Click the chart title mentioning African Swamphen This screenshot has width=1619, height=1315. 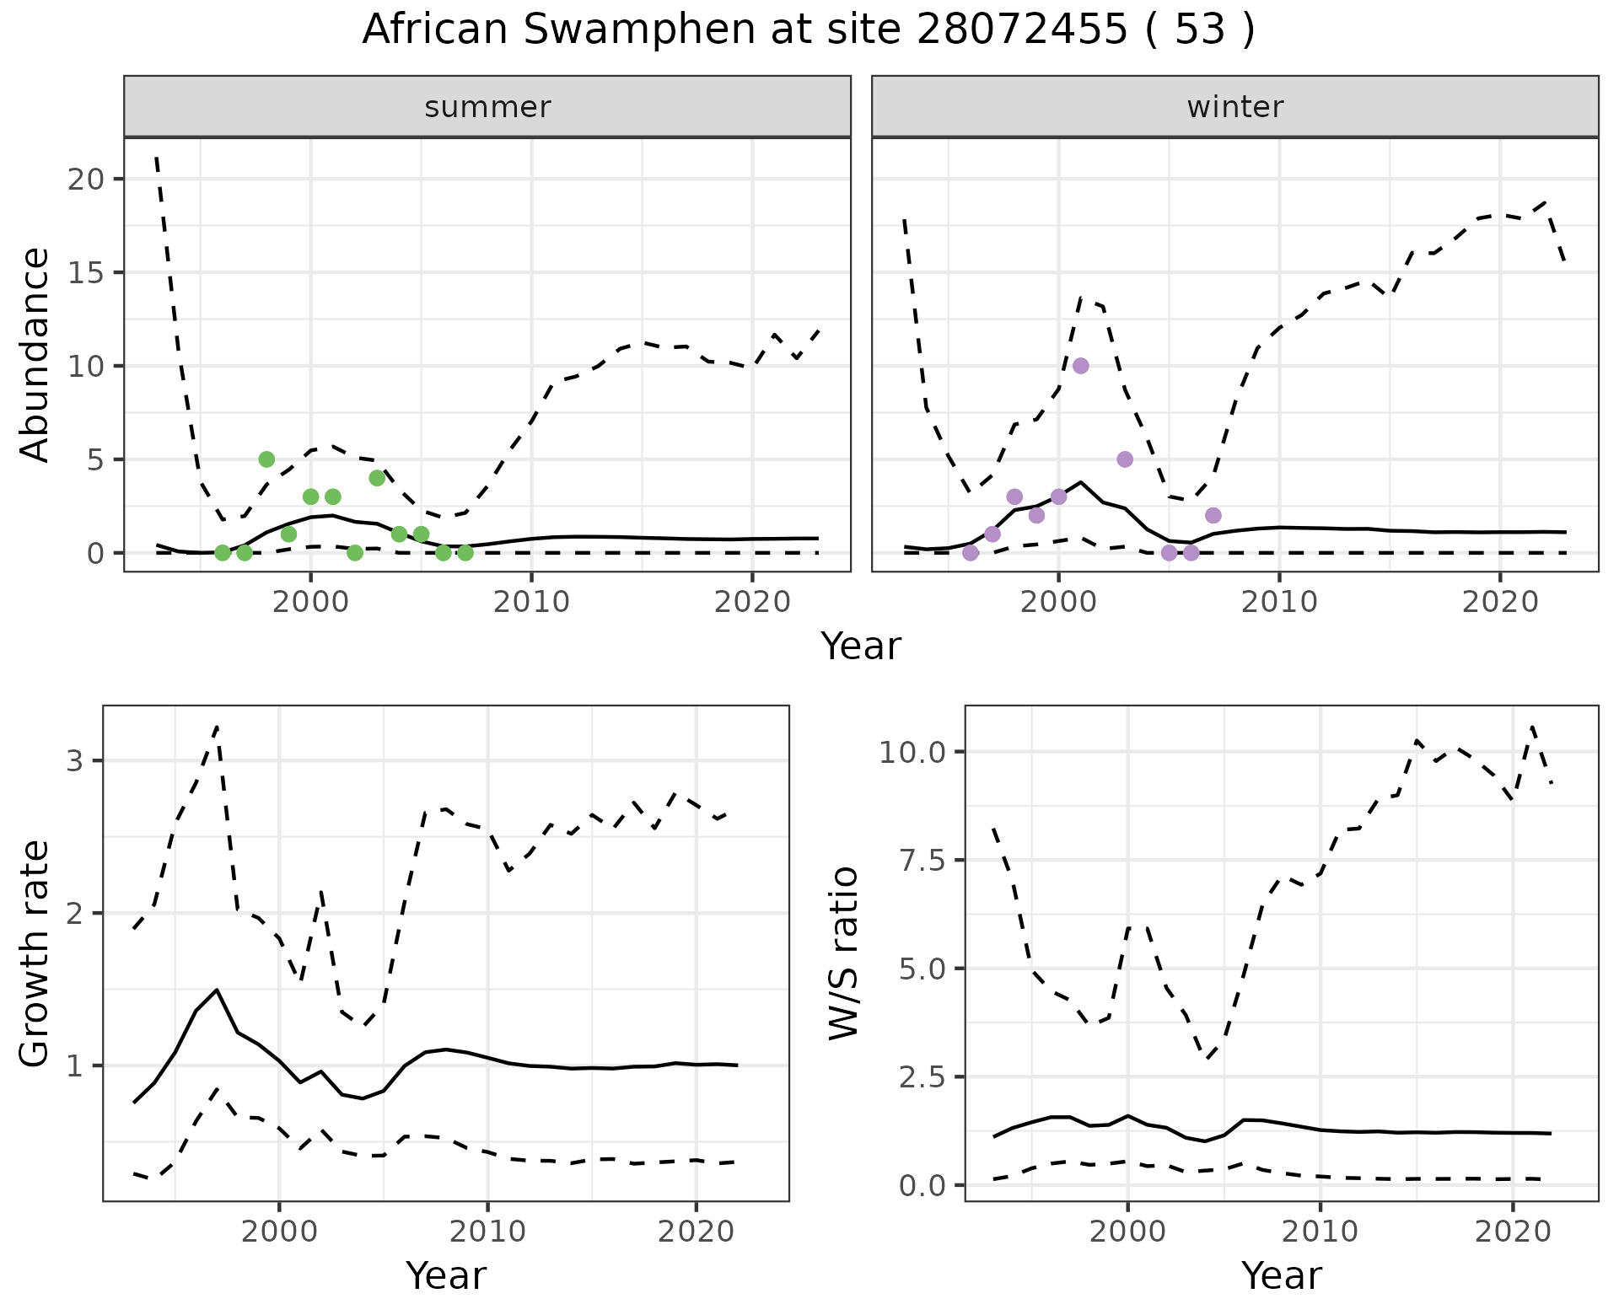pyautogui.click(x=808, y=30)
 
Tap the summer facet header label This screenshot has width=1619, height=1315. pyautogui.click(x=487, y=107)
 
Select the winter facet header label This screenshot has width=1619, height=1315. pyautogui.click(x=1234, y=107)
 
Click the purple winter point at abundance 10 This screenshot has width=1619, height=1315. pyautogui.click(x=1081, y=366)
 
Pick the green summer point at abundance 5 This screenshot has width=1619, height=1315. pyautogui.click(x=266, y=459)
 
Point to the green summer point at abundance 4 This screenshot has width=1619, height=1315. pyautogui.click(x=377, y=478)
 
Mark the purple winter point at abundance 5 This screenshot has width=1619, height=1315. pyautogui.click(x=1125, y=459)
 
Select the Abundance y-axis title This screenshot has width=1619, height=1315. pyautogui.click(x=35, y=354)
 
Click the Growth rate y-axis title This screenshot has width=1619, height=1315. pyautogui.click(x=35, y=953)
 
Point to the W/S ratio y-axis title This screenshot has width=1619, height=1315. pyautogui.click(x=843, y=953)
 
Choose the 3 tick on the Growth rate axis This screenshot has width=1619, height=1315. pyautogui.click(x=74, y=761)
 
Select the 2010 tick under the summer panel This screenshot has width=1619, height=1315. pyautogui.click(x=531, y=602)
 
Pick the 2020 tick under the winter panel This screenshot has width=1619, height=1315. pyautogui.click(x=1500, y=602)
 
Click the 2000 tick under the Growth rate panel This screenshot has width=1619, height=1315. pyautogui.click(x=279, y=1232)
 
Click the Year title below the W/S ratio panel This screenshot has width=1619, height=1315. pyautogui.click(x=1281, y=1275)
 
